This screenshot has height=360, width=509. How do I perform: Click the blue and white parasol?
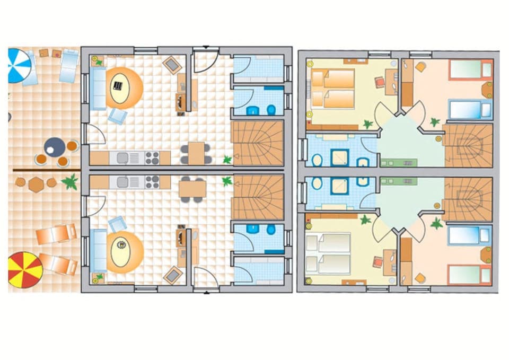tap(19, 65)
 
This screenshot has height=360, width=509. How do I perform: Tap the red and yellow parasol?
tap(24, 270)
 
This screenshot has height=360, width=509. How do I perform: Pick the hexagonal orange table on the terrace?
tap(36, 185)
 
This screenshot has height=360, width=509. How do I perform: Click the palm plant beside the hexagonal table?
tap(69, 182)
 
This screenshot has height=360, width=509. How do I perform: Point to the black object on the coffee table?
tap(118, 84)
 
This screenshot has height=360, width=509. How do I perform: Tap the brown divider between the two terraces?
tap(46, 170)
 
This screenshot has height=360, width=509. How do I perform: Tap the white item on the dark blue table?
tap(50, 150)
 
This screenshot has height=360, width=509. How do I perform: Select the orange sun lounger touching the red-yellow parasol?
tap(58, 264)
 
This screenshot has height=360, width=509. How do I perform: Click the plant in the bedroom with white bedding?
tap(364, 219)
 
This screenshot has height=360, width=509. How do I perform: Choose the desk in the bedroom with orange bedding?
tap(390, 82)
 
